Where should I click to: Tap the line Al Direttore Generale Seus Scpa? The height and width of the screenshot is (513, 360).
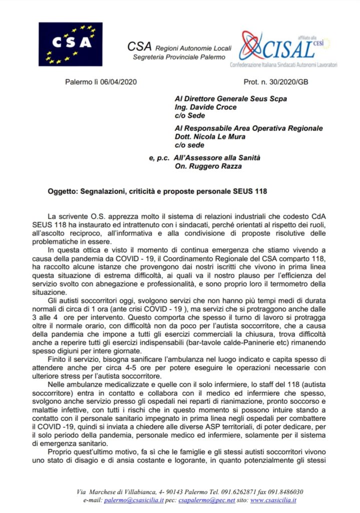(x=230, y=99)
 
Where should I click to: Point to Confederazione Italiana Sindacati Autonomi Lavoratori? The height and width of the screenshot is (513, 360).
(x=283, y=65)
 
